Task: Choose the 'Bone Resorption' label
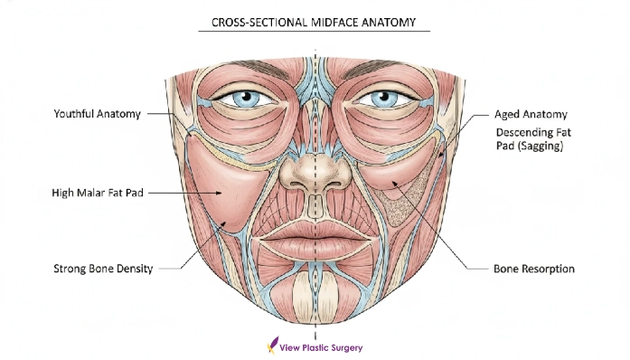coord(533,269)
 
